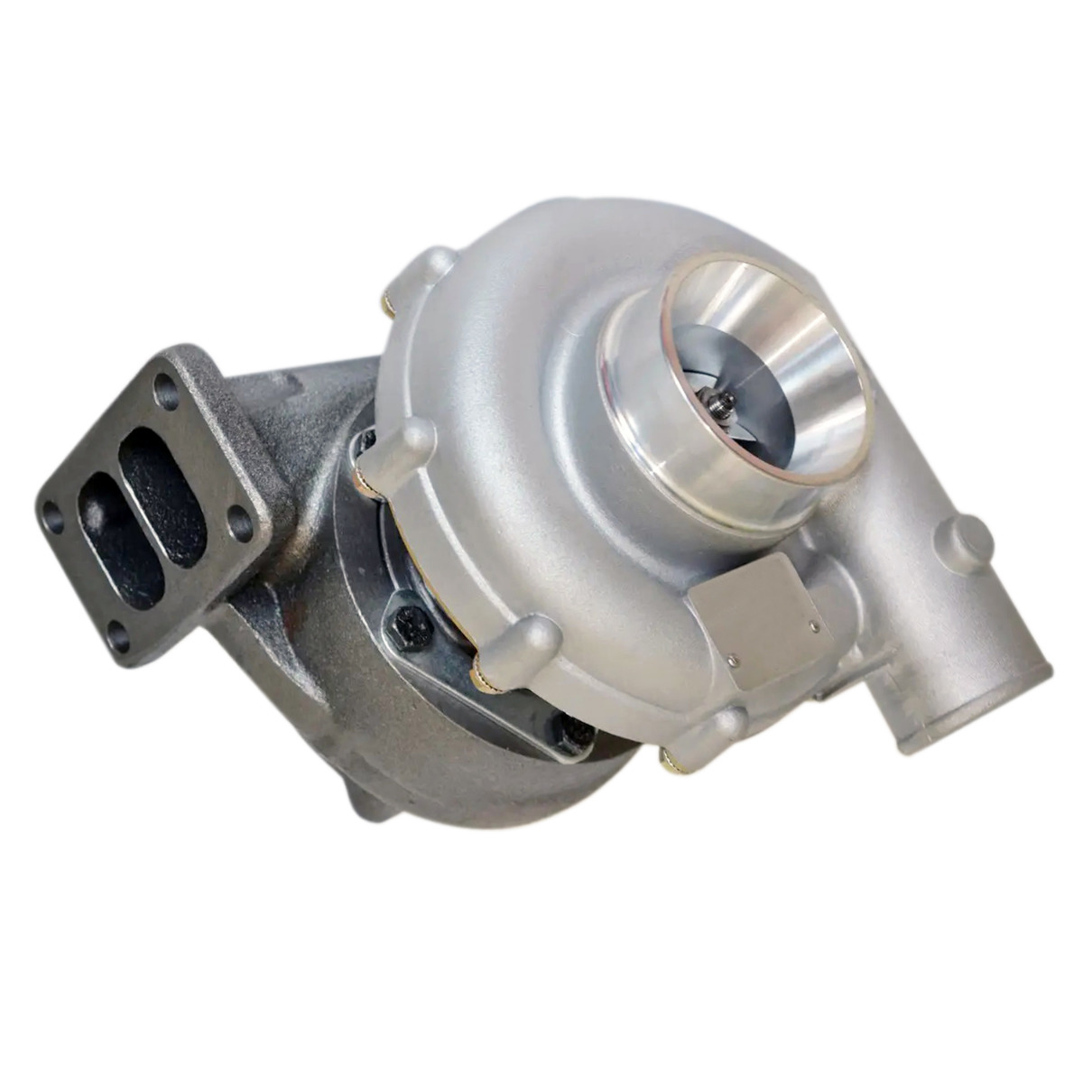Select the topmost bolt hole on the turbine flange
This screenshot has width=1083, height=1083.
click(x=165, y=390)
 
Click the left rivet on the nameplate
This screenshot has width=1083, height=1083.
click(x=731, y=659)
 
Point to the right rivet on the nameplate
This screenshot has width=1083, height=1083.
click(x=814, y=625)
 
